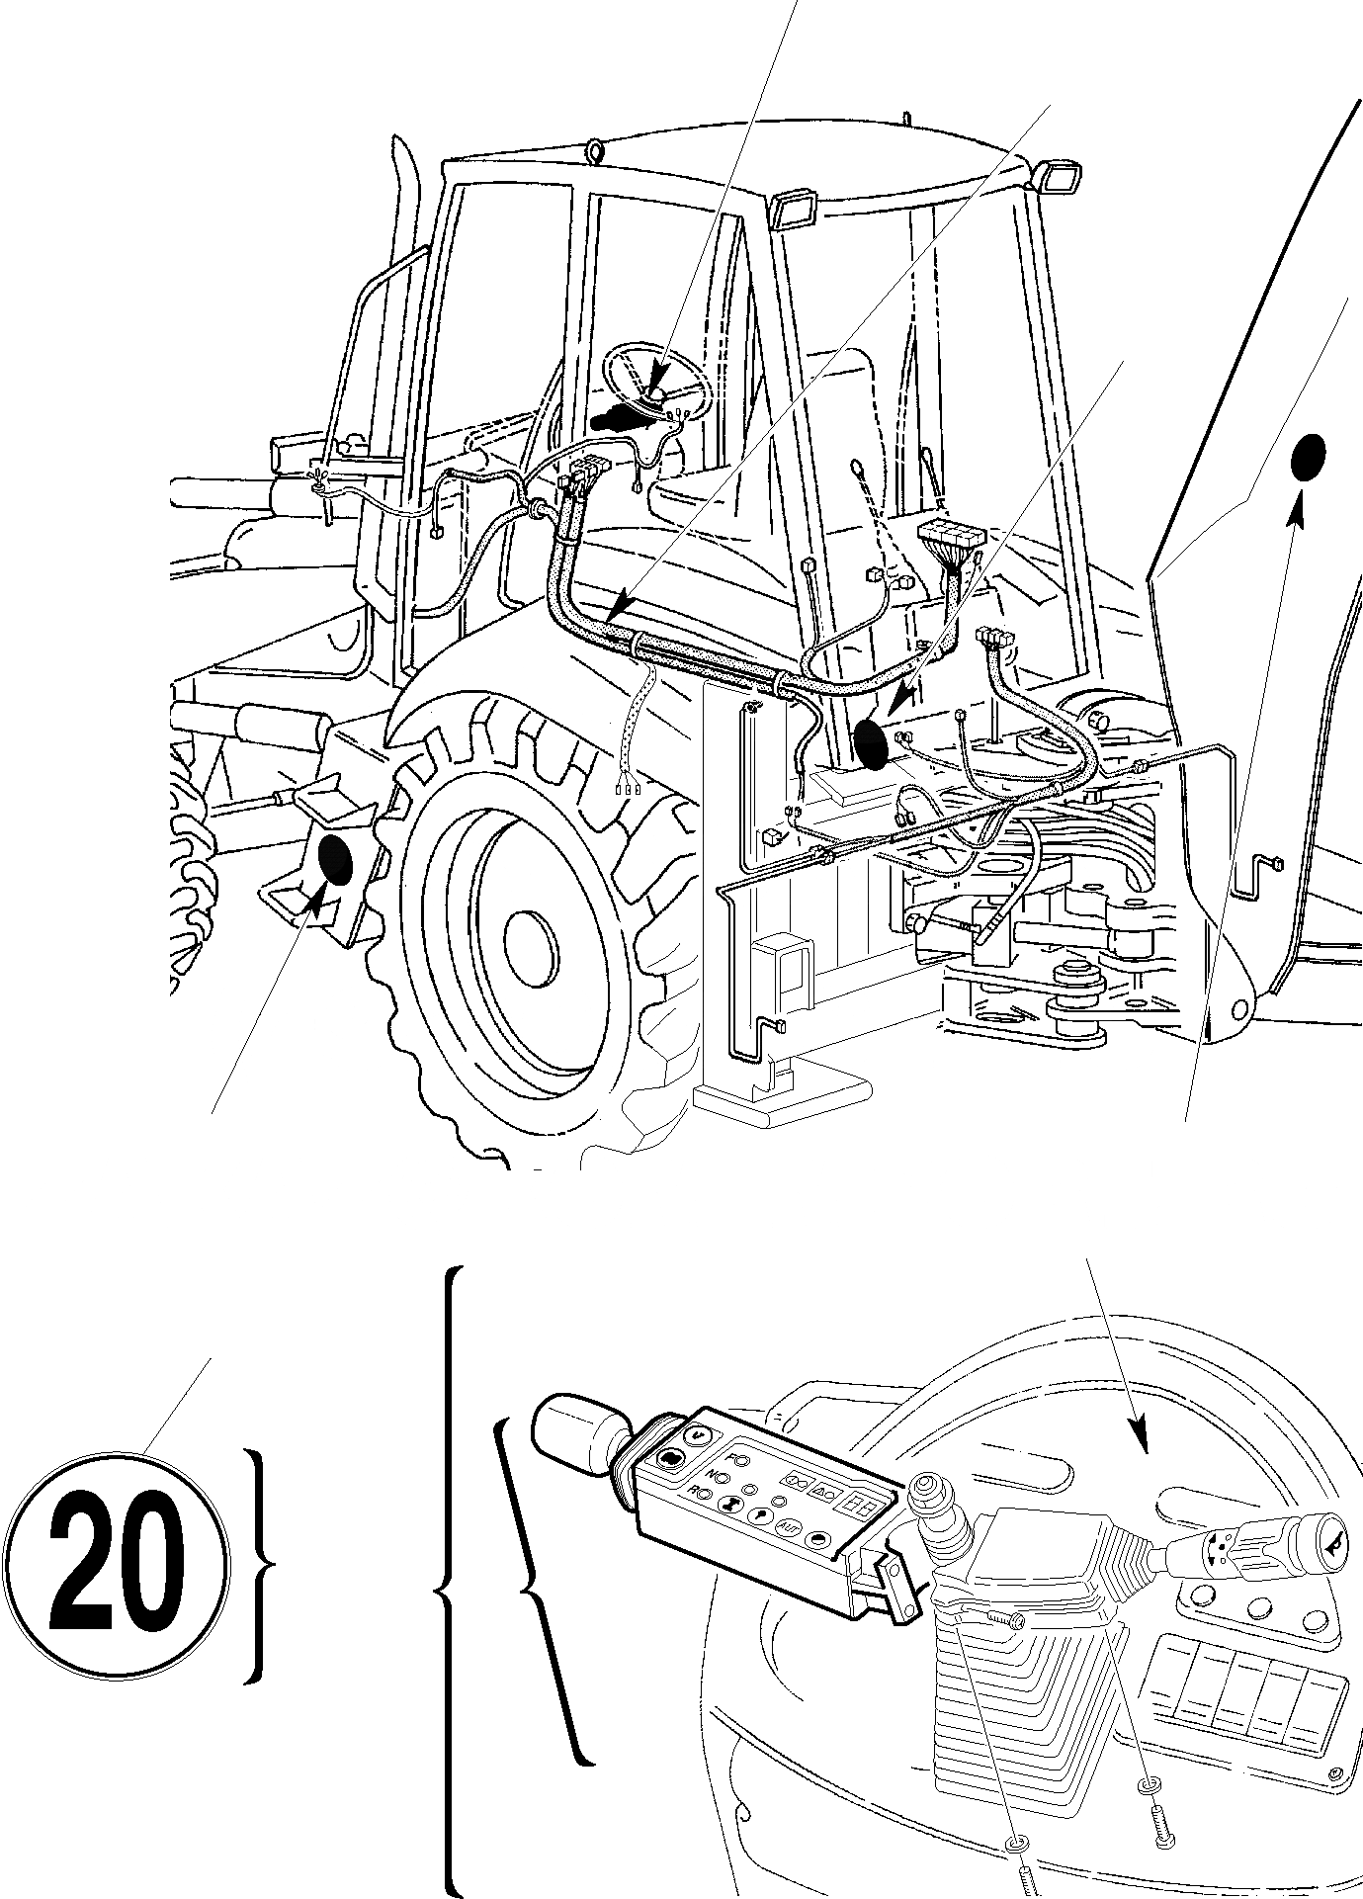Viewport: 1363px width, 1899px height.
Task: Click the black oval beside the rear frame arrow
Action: coord(870,743)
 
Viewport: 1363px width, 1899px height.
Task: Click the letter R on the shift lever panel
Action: coord(694,1492)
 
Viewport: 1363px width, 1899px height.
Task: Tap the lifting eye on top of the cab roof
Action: coord(594,151)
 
